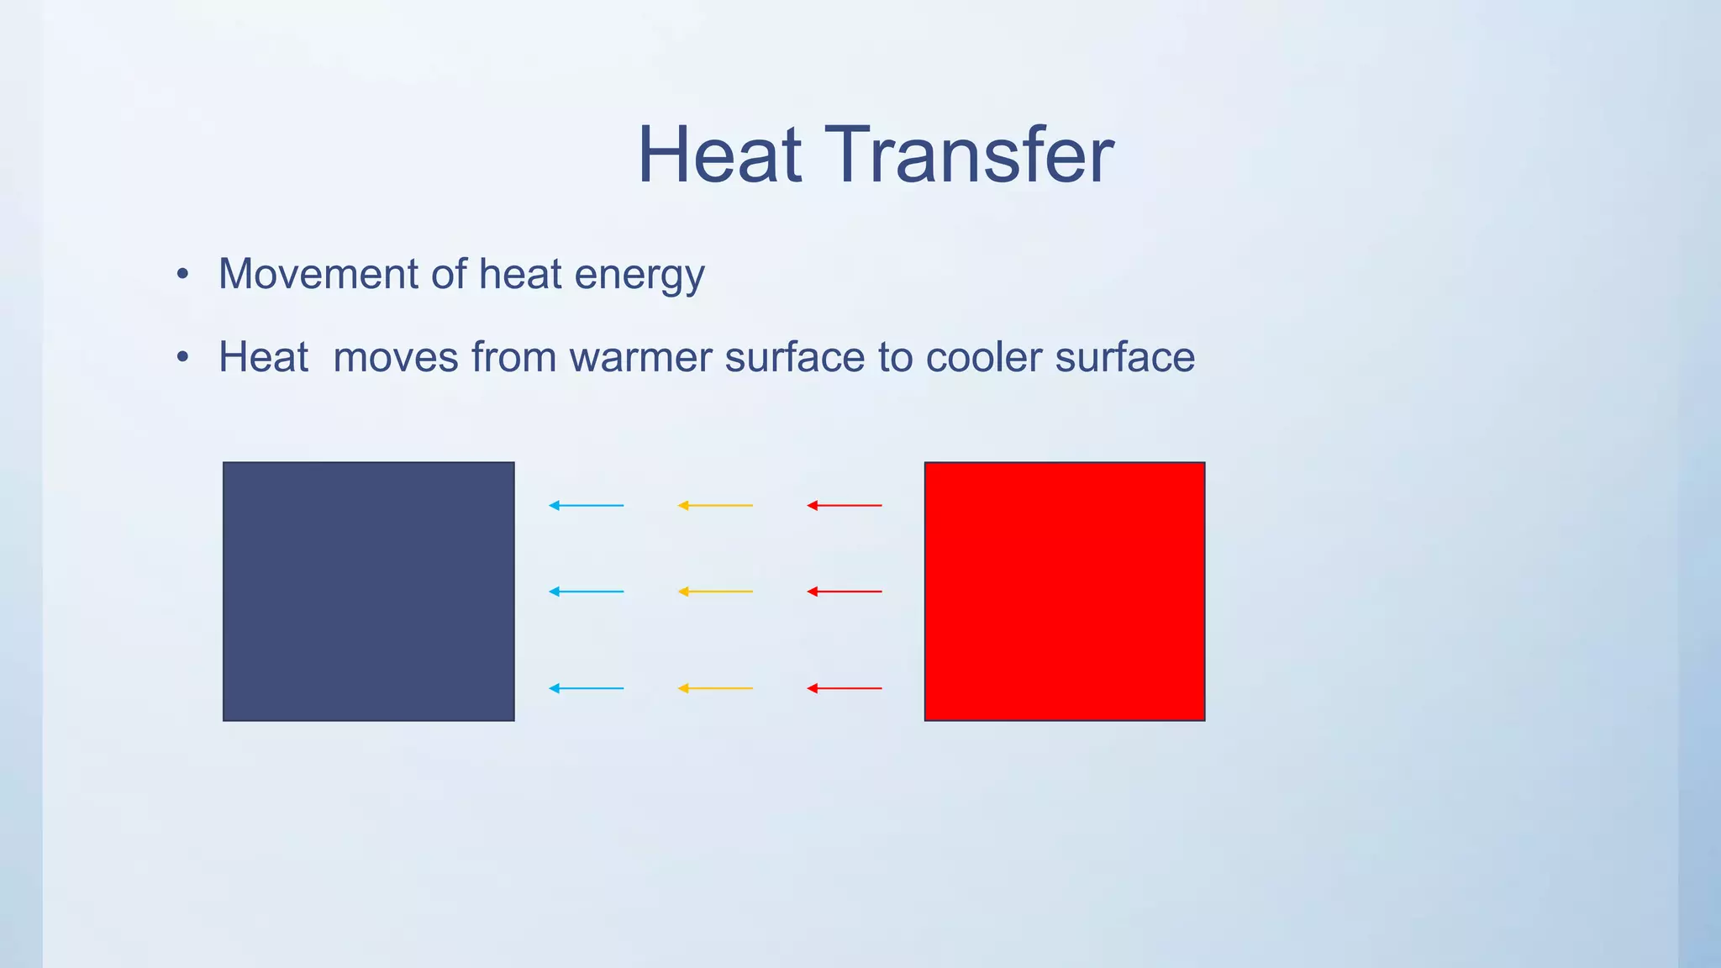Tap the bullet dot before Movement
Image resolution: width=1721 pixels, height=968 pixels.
click(x=183, y=275)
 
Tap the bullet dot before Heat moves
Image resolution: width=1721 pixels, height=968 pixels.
click(x=183, y=358)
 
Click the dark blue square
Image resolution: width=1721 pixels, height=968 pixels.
click(x=368, y=591)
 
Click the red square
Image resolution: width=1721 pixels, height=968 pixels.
click(x=1064, y=591)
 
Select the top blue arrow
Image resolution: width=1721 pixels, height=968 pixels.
click(x=586, y=505)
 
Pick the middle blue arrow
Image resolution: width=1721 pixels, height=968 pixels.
click(x=586, y=592)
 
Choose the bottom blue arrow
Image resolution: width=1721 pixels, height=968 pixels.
click(x=586, y=688)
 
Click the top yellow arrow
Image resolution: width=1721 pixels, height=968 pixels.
click(x=715, y=505)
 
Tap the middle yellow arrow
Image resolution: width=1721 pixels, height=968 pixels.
click(x=715, y=592)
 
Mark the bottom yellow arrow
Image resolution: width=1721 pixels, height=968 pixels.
click(x=715, y=688)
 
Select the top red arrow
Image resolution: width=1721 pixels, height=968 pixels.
click(x=845, y=505)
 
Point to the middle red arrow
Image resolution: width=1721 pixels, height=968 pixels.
click(x=845, y=592)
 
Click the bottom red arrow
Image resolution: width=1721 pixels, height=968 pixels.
click(x=845, y=688)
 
